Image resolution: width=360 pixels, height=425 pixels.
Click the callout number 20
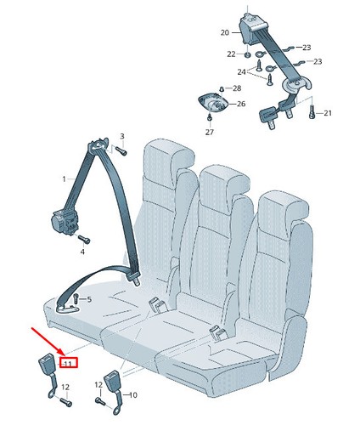point(225,33)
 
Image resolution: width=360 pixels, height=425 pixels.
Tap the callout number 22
point(231,54)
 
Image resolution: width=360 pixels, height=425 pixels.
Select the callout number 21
point(328,113)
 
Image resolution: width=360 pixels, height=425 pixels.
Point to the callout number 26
point(241,104)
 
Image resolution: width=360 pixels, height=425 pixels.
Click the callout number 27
point(210,132)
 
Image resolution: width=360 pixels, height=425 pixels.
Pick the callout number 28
point(237,88)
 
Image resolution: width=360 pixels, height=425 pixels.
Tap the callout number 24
point(241,72)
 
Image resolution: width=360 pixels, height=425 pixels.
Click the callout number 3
point(122,136)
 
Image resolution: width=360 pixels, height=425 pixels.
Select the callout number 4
point(82,252)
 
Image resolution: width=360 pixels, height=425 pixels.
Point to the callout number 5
point(89,299)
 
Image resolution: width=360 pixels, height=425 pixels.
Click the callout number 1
point(65,179)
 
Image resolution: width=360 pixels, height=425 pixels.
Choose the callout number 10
point(132,395)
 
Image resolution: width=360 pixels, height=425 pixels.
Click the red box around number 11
point(68,363)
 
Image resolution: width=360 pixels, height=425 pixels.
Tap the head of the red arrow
point(65,355)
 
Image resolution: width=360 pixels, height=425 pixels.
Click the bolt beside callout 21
point(312,112)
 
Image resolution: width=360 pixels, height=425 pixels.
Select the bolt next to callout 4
point(83,240)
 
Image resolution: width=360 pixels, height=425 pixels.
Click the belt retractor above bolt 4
point(65,219)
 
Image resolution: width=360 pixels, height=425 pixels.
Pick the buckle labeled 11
point(49,376)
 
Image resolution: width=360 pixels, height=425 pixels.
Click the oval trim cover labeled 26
point(214,103)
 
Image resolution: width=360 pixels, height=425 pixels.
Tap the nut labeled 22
point(247,54)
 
